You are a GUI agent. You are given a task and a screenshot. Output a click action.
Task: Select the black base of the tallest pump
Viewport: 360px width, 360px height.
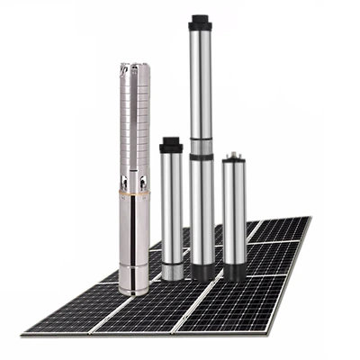tap(202, 271)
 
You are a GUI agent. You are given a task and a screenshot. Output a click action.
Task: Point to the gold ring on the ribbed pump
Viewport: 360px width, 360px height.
tap(134, 192)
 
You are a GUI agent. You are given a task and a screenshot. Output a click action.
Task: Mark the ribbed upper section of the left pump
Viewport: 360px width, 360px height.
tap(135, 117)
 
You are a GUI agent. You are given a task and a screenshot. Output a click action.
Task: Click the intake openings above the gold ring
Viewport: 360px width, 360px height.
tap(134, 180)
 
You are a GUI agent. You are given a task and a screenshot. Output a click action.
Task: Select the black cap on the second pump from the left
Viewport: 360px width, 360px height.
tap(171, 145)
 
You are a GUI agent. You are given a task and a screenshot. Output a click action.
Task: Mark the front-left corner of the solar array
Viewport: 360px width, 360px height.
tap(24, 334)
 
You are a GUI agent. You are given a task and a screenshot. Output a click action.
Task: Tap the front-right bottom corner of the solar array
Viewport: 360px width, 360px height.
tap(281, 330)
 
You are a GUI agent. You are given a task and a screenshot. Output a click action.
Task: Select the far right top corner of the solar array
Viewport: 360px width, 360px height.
tap(310, 218)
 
